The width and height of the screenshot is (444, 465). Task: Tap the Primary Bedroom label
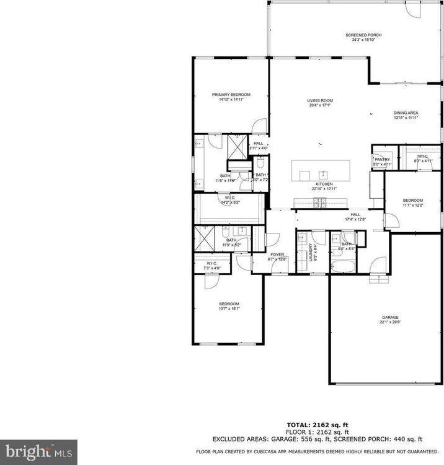231,94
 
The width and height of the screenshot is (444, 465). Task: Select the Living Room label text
320,100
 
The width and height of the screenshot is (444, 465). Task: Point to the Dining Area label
406,113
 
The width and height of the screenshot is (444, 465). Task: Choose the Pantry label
382,159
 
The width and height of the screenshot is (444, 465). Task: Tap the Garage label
390,317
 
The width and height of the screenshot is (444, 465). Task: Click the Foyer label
277,254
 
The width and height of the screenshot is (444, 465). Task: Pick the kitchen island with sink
321,170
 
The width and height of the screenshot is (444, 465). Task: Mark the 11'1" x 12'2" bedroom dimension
413,206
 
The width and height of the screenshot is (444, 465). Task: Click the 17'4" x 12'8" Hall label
355,218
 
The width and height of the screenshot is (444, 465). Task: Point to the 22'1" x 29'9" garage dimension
390,322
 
